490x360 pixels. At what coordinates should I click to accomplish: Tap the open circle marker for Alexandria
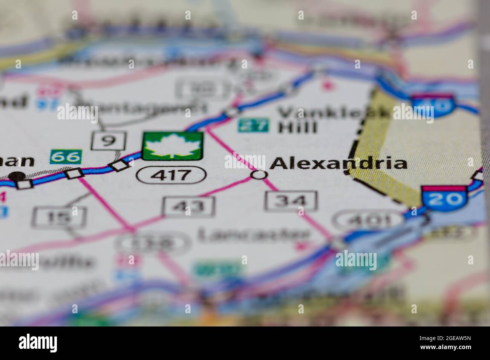pyautogui.click(x=259, y=175)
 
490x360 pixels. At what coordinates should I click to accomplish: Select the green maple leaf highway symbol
pyautogui.click(x=173, y=146)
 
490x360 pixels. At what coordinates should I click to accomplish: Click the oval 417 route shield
pyautogui.click(x=172, y=175)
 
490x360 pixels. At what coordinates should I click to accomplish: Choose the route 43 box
pyautogui.click(x=189, y=206)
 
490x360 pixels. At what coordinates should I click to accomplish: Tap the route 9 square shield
pyautogui.click(x=108, y=140)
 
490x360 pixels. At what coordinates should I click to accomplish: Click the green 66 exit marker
pyautogui.click(x=66, y=157)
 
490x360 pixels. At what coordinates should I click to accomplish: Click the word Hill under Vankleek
pyautogui.click(x=297, y=127)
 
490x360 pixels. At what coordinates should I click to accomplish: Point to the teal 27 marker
pyautogui.click(x=253, y=125)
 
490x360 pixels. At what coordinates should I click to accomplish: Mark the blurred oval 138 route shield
pyautogui.click(x=153, y=244)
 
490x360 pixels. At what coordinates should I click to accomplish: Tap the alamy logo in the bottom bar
pyautogui.click(x=38, y=343)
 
